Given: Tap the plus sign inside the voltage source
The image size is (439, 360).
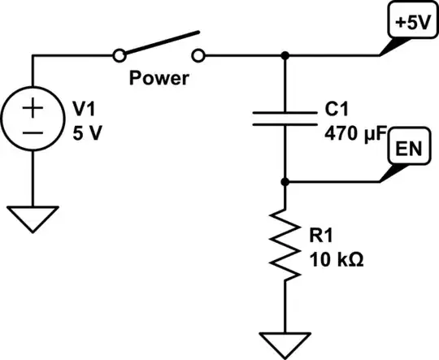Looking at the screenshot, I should pos(34,106).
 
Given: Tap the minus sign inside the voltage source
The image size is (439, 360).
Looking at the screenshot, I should pos(34,132).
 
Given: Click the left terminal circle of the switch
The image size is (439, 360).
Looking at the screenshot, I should pos(120,55).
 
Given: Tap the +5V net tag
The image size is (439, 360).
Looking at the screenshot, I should pos(410,24).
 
